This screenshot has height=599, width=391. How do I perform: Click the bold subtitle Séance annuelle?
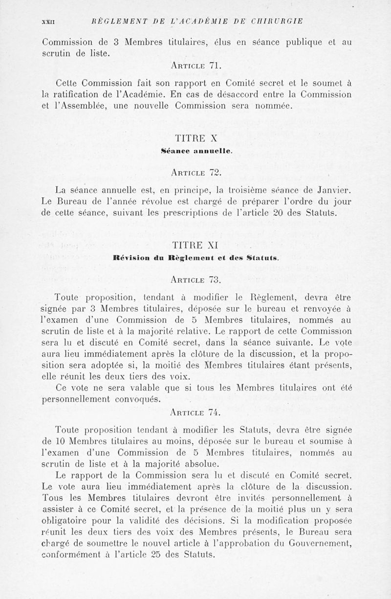coord(195,152)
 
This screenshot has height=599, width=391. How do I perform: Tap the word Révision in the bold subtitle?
coord(128,259)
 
